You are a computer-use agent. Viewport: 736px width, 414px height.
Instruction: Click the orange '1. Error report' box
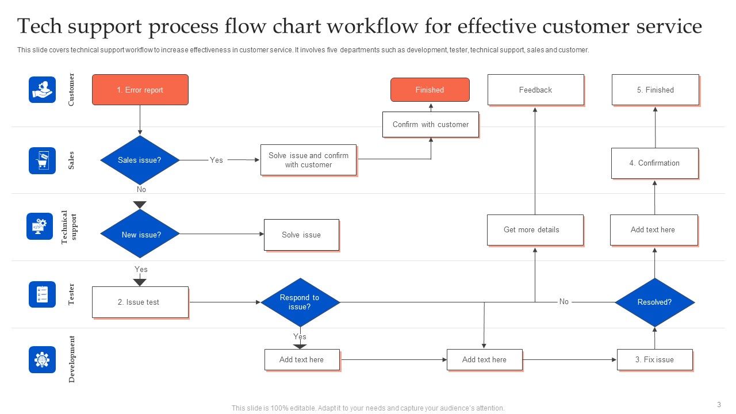coord(140,90)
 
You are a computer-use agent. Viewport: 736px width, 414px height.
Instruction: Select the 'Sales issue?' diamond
coord(140,160)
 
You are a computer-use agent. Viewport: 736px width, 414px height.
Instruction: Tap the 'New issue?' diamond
coord(140,234)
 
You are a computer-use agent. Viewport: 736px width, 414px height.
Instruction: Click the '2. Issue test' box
coord(140,302)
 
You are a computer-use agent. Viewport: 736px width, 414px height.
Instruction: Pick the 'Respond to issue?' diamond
coord(300,302)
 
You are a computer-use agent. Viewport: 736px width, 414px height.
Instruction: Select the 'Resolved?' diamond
coord(654,302)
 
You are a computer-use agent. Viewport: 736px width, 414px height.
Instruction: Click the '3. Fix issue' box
coord(654,359)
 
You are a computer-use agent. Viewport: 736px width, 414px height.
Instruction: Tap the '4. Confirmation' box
coord(654,163)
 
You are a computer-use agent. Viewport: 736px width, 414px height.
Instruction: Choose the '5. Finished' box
coord(655,90)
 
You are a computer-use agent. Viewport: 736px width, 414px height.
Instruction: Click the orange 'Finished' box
coord(430,90)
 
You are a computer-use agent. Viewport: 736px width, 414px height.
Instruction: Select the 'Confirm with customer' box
coord(430,124)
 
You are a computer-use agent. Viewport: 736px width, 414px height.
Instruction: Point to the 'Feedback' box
coord(535,90)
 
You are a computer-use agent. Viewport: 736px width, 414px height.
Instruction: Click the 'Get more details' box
coord(535,229)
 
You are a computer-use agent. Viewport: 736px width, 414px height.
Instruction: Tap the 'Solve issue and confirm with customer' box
coord(308,160)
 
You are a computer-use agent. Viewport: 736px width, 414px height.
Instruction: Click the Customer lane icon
coord(43,90)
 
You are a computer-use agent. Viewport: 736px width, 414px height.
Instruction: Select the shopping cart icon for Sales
coord(43,160)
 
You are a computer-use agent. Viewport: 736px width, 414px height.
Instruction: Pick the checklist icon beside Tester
coord(43,294)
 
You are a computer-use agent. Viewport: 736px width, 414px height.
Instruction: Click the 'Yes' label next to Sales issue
coord(216,160)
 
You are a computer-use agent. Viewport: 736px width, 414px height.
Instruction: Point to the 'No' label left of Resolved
coord(563,301)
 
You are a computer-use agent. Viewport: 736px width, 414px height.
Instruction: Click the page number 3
coord(719,404)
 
